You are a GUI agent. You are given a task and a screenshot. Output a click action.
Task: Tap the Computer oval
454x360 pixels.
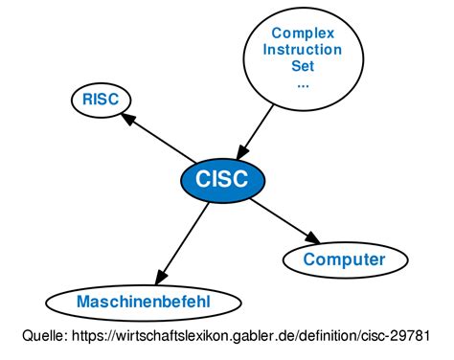[344, 259]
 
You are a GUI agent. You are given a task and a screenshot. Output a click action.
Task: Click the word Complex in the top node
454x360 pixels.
[303, 33]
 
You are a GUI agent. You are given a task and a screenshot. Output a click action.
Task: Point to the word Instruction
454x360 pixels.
[303, 50]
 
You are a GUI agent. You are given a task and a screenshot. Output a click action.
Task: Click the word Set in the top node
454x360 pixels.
[303, 67]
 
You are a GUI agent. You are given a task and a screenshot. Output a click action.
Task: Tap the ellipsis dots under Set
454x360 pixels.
[303, 82]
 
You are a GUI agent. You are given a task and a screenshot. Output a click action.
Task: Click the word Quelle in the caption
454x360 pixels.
[44, 336]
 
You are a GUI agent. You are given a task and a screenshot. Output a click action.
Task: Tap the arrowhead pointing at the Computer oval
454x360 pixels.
[310, 236]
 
